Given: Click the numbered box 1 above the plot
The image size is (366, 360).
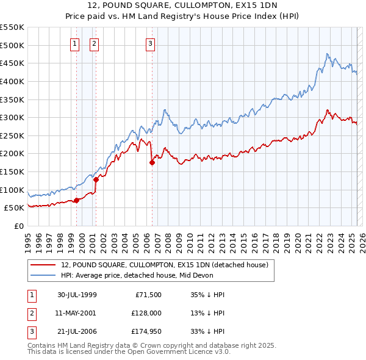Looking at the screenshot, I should tap(74, 43).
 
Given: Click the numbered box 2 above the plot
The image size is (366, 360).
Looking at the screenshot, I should tap(95, 43).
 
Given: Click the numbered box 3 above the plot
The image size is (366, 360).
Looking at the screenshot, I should tap(150, 43).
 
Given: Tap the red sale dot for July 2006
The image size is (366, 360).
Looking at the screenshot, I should tap(152, 162).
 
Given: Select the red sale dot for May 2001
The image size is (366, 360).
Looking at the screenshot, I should tap(96, 179).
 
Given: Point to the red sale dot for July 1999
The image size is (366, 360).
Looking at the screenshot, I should tap(77, 200).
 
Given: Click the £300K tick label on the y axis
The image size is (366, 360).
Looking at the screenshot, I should tap(13, 117).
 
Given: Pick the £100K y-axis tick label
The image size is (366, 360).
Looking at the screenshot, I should tap(13, 190).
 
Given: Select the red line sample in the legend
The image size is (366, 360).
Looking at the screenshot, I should tap(43, 265).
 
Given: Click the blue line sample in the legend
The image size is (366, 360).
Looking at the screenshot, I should tap(43, 276).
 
